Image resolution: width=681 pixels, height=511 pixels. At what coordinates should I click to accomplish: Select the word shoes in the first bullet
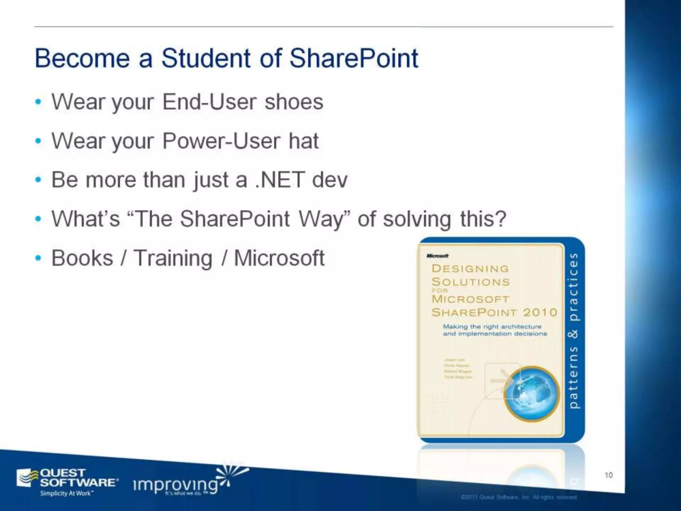click(294, 102)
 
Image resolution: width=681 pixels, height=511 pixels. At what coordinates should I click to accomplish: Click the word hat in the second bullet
click(303, 141)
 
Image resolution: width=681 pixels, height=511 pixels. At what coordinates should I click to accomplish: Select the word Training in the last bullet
click(173, 258)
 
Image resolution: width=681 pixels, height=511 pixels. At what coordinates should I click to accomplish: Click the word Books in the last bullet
click(82, 258)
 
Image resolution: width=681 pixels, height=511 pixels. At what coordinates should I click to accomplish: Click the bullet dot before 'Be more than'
click(39, 180)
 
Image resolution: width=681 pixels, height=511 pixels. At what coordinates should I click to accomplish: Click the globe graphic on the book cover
click(531, 394)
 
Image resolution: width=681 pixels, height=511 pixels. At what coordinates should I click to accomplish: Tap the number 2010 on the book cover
click(540, 312)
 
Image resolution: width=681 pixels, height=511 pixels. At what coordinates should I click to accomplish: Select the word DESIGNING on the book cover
click(470, 268)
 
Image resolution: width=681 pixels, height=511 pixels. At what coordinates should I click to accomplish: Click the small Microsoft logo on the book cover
click(437, 256)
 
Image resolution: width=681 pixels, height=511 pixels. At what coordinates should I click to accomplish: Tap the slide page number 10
click(609, 475)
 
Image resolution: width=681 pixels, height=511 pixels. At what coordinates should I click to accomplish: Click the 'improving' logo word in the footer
click(176, 485)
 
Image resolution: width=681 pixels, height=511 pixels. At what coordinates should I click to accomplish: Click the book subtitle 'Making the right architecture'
click(492, 327)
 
